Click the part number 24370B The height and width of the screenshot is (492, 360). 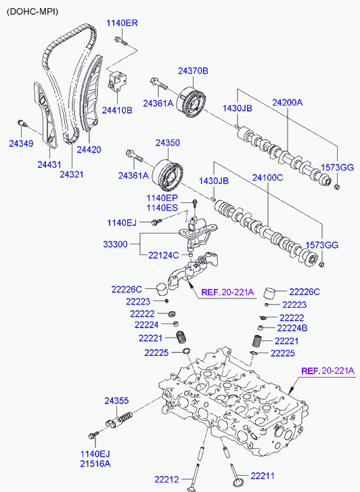click(193, 71)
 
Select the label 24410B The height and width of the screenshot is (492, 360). click(117, 110)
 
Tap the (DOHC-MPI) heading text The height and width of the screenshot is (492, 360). click(32, 12)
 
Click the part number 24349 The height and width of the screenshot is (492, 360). click(21, 143)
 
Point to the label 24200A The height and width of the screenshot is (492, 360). click(287, 102)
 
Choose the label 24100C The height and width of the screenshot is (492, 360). click(267, 177)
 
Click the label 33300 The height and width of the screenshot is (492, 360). click(115, 244)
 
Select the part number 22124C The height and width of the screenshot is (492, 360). click(164, 255)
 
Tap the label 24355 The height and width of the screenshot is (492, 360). click(117, 401)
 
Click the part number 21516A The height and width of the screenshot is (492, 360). click(95, 464)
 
